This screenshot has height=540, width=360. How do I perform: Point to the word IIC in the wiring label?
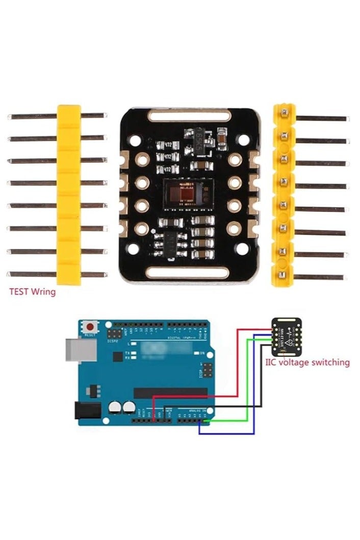(x=272, y=363)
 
